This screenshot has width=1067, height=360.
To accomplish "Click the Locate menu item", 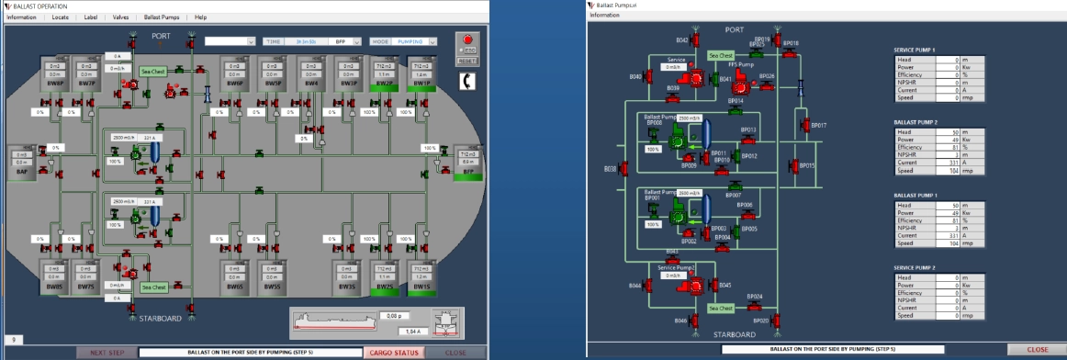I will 61,17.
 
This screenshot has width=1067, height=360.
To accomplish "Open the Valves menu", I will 120,17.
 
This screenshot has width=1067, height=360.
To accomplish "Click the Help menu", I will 200,17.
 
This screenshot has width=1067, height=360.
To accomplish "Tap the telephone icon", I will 467,82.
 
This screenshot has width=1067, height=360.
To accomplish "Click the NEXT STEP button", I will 106,352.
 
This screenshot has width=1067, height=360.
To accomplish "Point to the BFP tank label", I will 468,171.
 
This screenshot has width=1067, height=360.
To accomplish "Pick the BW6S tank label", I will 234,287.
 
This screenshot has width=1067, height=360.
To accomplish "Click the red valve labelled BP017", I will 803,124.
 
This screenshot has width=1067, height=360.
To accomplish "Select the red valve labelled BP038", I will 623,169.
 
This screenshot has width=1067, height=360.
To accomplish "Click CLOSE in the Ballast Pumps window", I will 1037,349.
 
